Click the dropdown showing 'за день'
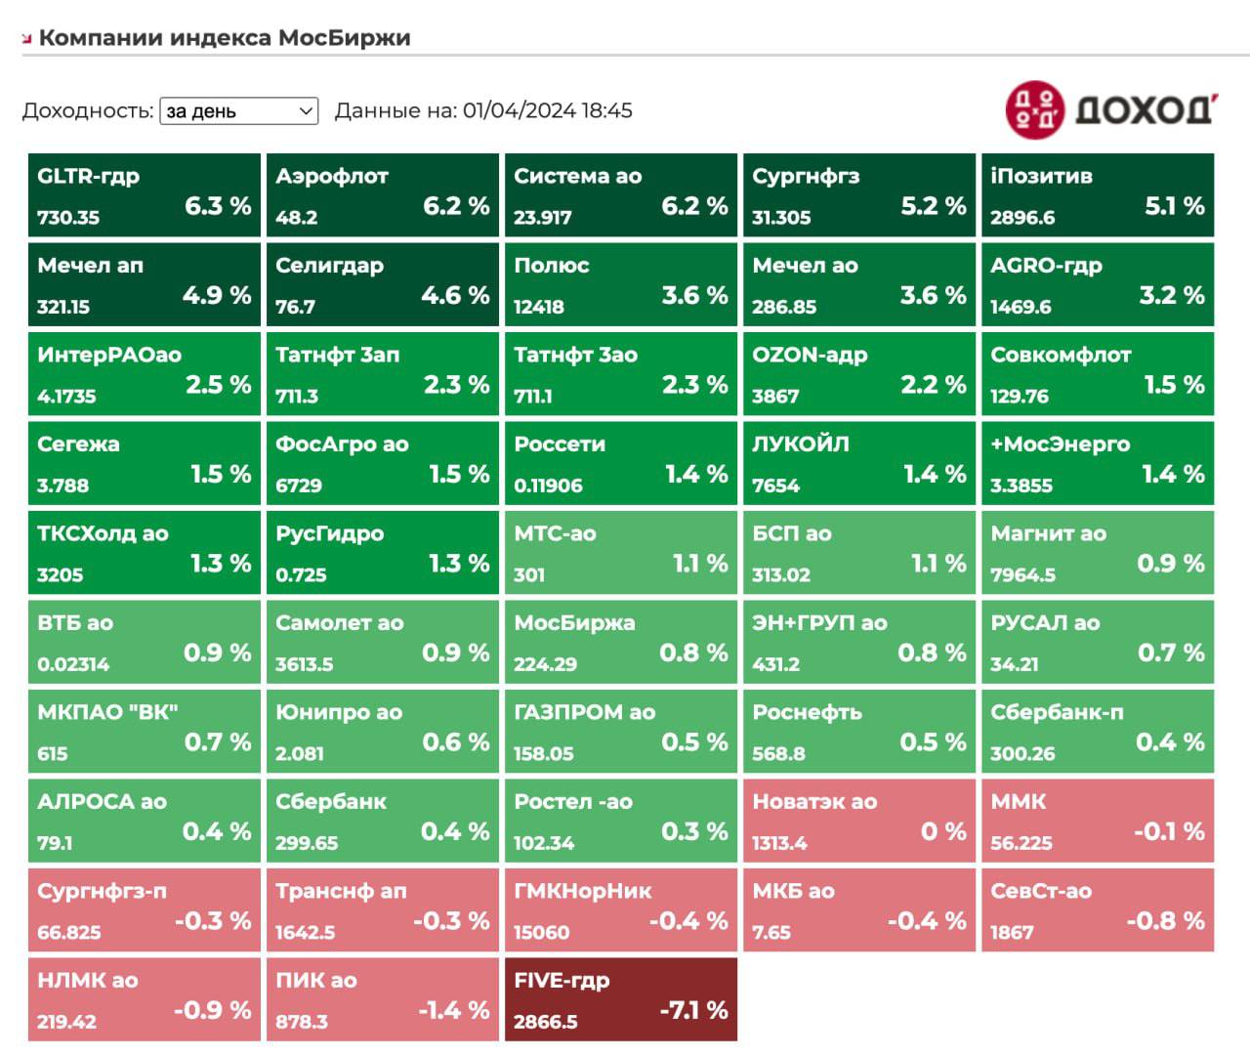pyautogui.click(x=238, y=111)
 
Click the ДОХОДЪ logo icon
pyautogui.click(x=1034, y=109)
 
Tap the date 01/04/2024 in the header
pyautogui.click(x=519, y=110)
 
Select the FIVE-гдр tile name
pyautogui.click(x=562, y=981)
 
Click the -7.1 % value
pyautogui.click(x=693, y=1010)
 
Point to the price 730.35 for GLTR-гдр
pyautogui.click(x=68, y=218)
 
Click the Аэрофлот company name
pyautogui.click(x=331, y=177)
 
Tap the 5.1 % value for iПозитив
pyautogui.click(x=1174, y=206)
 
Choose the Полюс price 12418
pyautogui.click(x=539, y=307)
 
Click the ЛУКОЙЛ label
pyautogui.click(x=800, y=444)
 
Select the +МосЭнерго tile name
pyautogui.click(x=1060, y=444)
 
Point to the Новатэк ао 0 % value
pyautogui.click(x=943, y=831)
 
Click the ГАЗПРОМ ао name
pyautogui.click(x=584, y=712)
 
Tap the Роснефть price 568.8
pyautogui.click(x=778, y=754)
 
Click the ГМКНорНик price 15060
pyautogui.click(x=541, y=933)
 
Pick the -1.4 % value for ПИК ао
pyautogui.click(x=454, y=1010)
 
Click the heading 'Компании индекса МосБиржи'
pyautogui.click(x=225, y=38)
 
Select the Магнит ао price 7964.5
pyautogui.click(x=1022, y=575)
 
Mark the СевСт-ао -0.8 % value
pyautogui.click(x=1165, y=921)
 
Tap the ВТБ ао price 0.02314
pyautogui.click(x=73, y=664)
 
